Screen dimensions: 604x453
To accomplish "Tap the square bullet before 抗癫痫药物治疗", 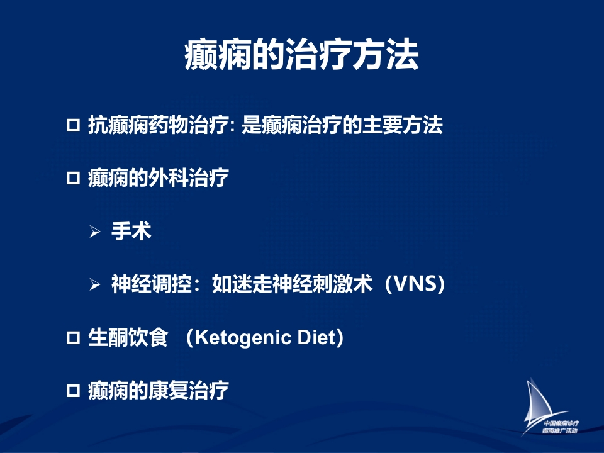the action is click(73, 125).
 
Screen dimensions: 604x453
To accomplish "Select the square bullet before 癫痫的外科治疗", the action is click(73, 178).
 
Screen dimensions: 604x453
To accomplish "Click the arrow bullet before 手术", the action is click(95, 232).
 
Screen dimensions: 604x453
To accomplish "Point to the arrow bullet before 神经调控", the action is click(95, 284).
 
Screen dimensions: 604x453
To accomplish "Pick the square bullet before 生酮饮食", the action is click(73, 338).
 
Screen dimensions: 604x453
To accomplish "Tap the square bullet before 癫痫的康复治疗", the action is click(73, 391).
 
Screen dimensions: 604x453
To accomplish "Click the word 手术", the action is click(131, 231).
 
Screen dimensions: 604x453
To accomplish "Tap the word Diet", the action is click(316, 337).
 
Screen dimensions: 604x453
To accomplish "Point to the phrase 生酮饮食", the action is click(128, 337).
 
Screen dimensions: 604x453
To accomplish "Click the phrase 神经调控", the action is click(152, 284).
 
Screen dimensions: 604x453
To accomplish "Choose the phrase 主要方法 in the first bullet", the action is click(403, 125).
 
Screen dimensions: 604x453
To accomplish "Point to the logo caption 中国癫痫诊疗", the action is click(561, 423).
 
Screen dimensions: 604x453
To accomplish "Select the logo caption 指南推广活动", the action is click(560, 430).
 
